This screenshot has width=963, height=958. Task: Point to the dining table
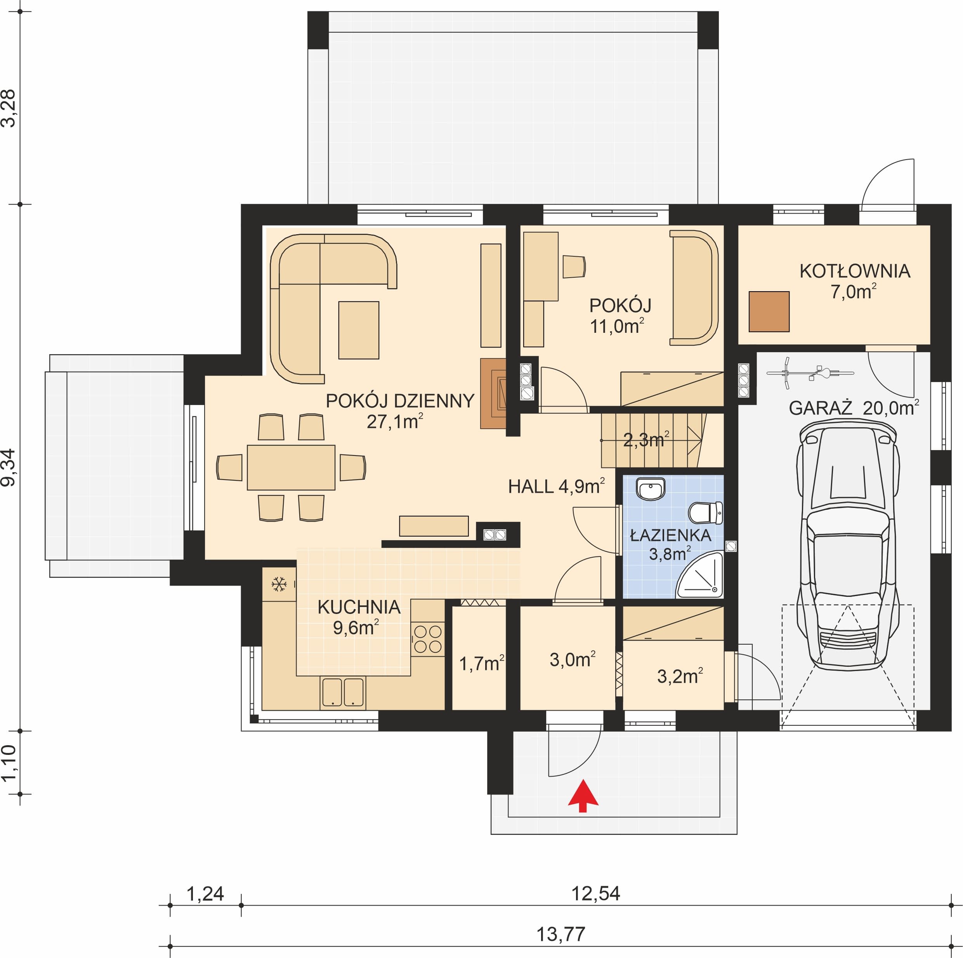pyautogui.click(x=291, y=467)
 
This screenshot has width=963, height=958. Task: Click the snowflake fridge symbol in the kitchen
pyautogui.click(x=279, y=584)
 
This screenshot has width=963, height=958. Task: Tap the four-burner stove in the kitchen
pyautogui.click(x=428, y=639)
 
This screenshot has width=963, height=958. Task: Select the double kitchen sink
pyautogui.click(x=343, y=692)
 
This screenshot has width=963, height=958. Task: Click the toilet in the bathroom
pyautogui.click(x=705, y=512)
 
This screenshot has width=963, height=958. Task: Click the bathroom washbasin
pyautogui.click(x=651, y=489)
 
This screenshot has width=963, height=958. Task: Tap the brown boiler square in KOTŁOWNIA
pyautogui.click(x=769, y=312)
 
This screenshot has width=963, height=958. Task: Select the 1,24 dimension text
pyautogui.click(x=205, y=894)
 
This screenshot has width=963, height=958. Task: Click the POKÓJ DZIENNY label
pyautogui.click(x=400, y=401)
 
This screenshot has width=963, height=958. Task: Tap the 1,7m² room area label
pyautogui.click(x=481, y=663)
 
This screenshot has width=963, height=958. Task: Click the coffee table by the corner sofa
pyautogui.click(x=359, y=330)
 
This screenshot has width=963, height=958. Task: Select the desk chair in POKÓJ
pyautogui.click(x=574, y=266)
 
